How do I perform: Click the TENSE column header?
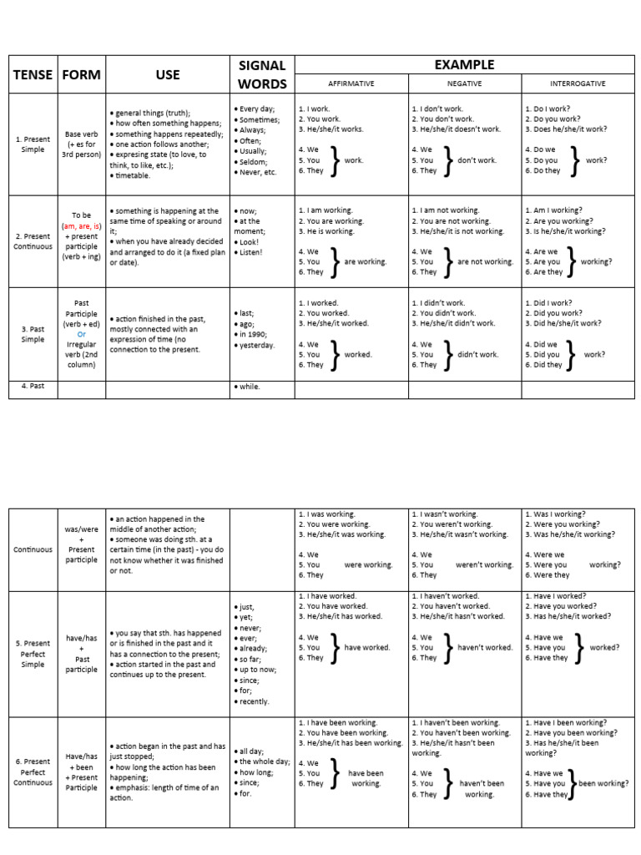[x=33, y=74]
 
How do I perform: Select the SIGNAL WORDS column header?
[x=262, y=74]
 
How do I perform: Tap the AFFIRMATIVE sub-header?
[x=351, y=84]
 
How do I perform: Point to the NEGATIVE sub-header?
[x=464, y=84]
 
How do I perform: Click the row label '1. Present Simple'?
[x=33, y=144]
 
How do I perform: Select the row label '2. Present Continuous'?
[x=33, y=241]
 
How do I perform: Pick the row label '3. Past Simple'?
[x=33, y=334]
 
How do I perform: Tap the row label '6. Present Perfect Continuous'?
[x=33, y=772]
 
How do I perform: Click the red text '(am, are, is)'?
[x=82, y=226]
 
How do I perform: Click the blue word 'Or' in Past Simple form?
[x=82, y=334]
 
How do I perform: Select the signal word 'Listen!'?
[x=250, y=251]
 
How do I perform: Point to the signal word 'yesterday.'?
[x=255, y=345]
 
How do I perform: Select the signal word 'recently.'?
[x=254, y=701]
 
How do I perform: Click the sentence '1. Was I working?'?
[x=556, y=514]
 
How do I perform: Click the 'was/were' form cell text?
[x=82, y=529]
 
